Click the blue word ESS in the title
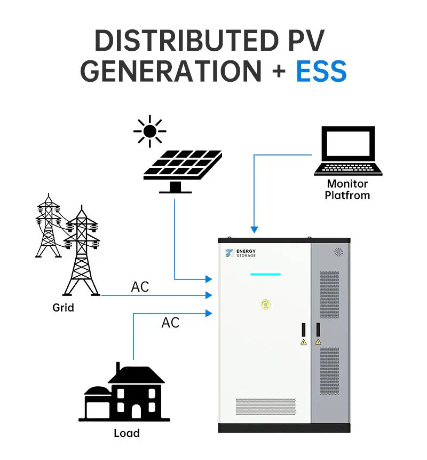point(321,71)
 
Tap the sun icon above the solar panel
point(150,131)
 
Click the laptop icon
point(348,152)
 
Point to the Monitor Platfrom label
point(347,190)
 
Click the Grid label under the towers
point(63,308)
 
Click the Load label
point(126,433)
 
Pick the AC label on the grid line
point(140,287)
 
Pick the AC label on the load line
point(170,323)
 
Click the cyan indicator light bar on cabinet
point(265,275)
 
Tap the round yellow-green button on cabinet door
point(265,305)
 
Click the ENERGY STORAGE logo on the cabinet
point(241,253)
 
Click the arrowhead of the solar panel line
point(209,279)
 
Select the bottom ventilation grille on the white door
point(265,407)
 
